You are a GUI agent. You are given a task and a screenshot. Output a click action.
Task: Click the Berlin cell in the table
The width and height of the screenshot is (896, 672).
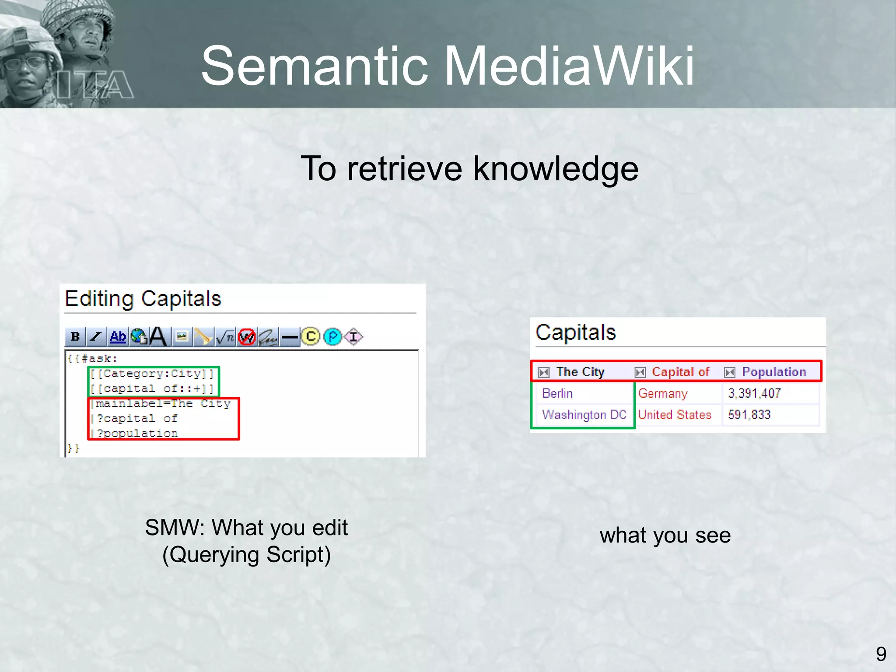pos(557,393)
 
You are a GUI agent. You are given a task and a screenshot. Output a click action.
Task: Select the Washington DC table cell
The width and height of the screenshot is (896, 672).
pos(584,415)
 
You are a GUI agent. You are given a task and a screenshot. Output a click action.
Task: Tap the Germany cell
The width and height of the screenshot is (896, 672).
pos(662,393)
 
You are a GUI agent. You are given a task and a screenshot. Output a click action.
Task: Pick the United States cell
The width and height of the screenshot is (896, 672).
pos(675,415)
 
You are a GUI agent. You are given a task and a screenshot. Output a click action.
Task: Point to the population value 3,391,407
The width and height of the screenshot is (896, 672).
pos(754,393)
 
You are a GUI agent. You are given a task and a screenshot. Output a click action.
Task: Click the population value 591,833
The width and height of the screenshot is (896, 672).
pos(749,415)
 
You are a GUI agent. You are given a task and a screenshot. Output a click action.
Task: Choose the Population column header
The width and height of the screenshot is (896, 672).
pos(773,372)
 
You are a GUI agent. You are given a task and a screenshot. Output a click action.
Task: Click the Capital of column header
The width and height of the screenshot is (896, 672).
pos(680,372)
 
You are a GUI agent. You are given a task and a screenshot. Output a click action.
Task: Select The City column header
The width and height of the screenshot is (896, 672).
pos(580,372)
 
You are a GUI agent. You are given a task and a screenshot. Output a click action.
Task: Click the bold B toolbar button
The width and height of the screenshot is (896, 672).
pos(75,336)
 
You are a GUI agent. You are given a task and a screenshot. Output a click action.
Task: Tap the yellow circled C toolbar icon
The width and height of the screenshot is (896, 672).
pos(311,336)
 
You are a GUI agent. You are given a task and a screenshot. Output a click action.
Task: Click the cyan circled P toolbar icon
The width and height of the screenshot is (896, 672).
pos(332,336)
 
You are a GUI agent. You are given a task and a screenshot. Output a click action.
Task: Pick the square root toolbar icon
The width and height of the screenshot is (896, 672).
pos(225,336)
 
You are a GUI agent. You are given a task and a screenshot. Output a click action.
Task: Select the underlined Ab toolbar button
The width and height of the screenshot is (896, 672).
pos(118,336)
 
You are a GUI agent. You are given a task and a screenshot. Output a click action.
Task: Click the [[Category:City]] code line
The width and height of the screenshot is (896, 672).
pos(152,374)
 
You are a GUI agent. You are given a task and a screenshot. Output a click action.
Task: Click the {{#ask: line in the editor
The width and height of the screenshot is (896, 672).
pos(92,359)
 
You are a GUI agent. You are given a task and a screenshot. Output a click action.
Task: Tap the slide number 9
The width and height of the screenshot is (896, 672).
pos(881,654)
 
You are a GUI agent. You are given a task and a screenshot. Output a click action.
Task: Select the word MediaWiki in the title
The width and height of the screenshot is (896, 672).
pos(569,66)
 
